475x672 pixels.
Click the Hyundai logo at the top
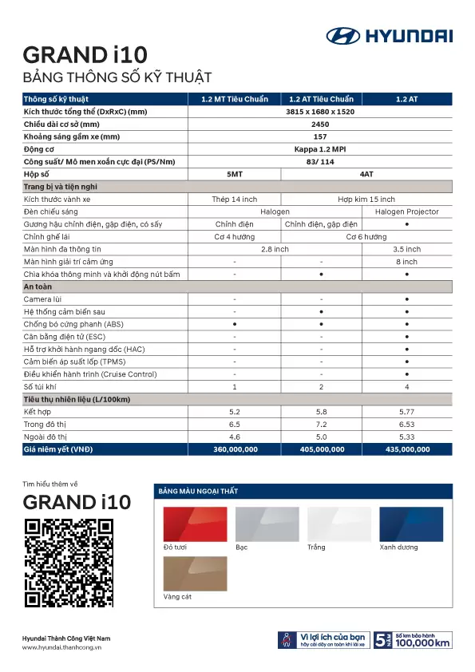coord(389,35)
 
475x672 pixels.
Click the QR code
coord(69,563)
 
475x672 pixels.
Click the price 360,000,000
coord(234,450)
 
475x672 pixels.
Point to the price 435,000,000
coord(407,450)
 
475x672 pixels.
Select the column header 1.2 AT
coord(407,99)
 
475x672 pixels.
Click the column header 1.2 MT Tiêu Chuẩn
coord(234,99)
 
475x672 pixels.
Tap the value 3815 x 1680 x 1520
coord(320,112)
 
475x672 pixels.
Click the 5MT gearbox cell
coord(234,174)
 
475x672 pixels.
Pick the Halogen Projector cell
coord(407,211)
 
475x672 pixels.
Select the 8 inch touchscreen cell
coord(407,262)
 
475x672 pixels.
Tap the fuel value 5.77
coord(407,412)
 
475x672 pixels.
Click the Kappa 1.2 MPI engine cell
coord(320,149)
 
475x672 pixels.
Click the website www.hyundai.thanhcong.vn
coord(62,647)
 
